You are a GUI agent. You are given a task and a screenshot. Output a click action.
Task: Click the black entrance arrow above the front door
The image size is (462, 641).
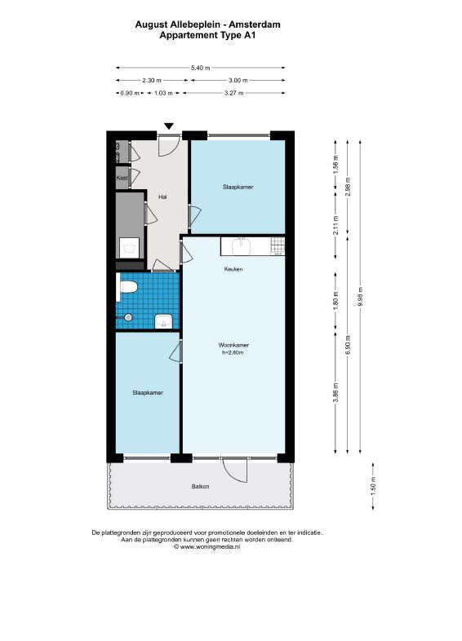point(169,126)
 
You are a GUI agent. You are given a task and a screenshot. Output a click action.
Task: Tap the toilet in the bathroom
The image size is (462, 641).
point(127,287)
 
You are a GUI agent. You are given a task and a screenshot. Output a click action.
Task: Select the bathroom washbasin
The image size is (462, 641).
point(166,321)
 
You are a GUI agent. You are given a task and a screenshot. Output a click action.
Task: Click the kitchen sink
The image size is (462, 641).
point(242,246)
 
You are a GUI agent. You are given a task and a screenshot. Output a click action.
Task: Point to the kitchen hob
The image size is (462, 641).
point(277,246)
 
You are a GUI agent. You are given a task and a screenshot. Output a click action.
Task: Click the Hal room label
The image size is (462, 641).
point(163,197)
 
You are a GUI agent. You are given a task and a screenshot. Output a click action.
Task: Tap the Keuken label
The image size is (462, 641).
point(233,269)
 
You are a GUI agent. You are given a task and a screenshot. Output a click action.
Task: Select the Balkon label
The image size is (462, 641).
point(201,487)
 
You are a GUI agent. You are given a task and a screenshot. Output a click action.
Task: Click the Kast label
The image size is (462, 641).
point(122,178)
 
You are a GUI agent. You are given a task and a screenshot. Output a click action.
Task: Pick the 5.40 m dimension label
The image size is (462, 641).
point(201,68)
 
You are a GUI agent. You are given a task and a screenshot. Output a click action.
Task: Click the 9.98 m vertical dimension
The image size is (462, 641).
point(360,296)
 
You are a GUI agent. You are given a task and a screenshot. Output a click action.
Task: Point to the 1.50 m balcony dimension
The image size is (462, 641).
point(373,486)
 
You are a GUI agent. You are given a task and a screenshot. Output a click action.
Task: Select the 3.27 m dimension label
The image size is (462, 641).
point(234,93)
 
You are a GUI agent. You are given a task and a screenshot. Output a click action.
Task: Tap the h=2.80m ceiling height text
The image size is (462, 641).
point(233,352)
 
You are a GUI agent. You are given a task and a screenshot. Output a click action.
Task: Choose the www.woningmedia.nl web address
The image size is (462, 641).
point(210,546)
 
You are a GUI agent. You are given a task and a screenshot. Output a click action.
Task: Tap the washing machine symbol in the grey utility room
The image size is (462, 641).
point(129,248)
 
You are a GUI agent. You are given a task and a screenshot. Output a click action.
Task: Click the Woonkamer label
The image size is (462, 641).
point(233,345)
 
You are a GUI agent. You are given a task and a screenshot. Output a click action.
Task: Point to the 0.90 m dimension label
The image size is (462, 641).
point(130,93)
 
